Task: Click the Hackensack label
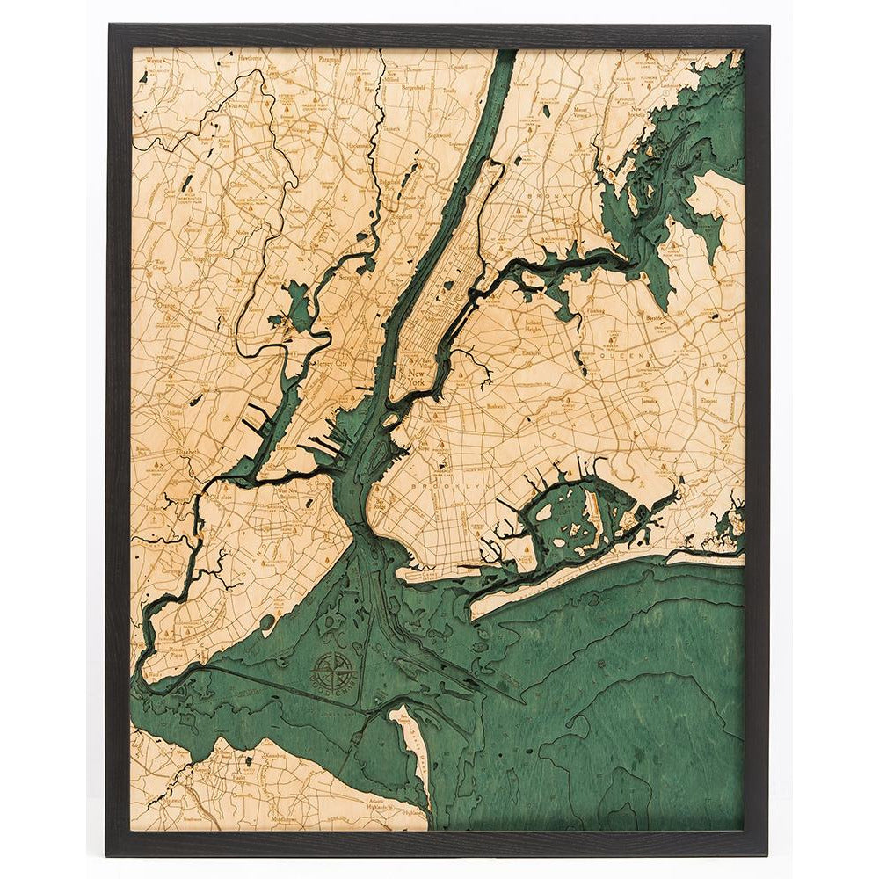355,142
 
